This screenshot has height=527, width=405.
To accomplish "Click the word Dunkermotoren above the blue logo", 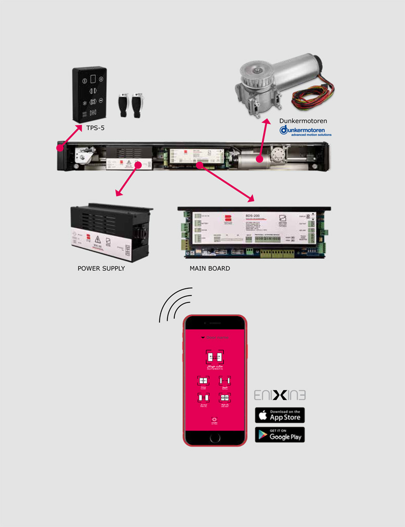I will [x=303, y=121].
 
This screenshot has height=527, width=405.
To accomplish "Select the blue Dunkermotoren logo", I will [x=305, y=131].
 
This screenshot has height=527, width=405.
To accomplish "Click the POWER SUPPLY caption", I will [x=101, y=268].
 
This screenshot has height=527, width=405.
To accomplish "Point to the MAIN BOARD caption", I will [x=210, y=268].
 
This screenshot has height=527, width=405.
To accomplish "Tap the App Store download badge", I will [x=280, y=415].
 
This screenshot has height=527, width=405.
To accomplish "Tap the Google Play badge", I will [x=280, y=434].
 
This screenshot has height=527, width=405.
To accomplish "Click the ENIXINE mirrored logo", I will [x=280, y=395].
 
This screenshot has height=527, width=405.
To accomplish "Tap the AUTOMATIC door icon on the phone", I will [x=214, y=358].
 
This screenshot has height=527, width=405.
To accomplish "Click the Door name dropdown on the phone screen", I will [x=214, y=337].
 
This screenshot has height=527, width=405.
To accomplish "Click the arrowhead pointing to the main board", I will [x=252, y=199].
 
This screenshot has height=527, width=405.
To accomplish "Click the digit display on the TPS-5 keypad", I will [x=93, y=80].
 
